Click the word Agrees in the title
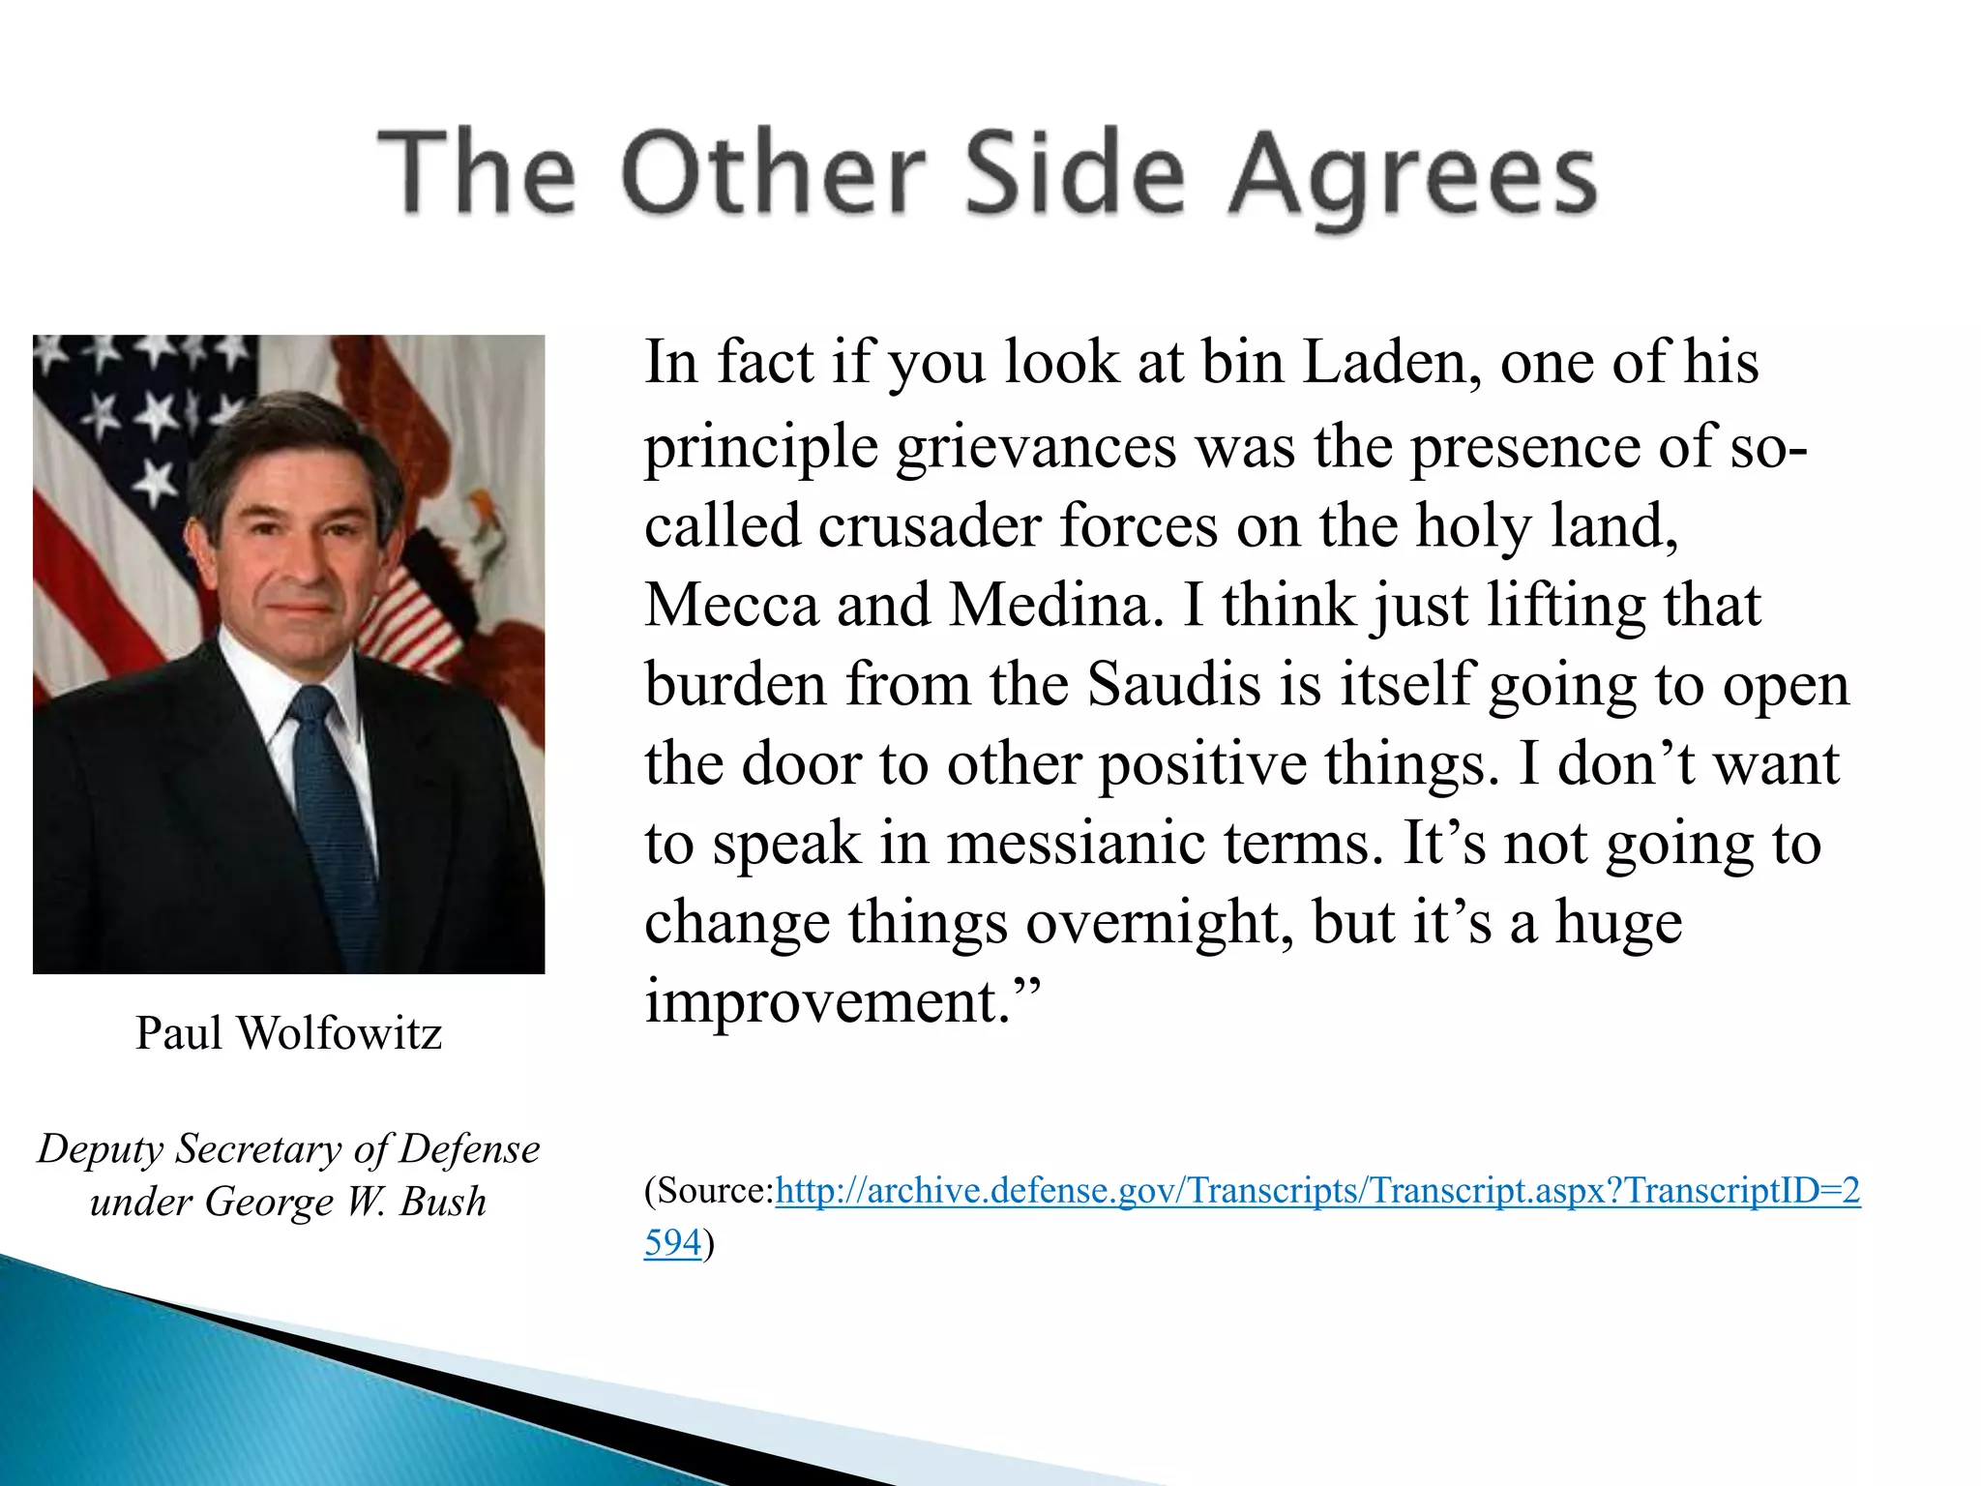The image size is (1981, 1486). pyautogui.click(x=1412, y=176)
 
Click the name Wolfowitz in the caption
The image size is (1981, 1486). pyautogui.click(x=340, y=1033)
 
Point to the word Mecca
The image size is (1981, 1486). pyautogui.click(x=731, y=607)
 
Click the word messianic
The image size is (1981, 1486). pyautogui.click(x=1075, y=844)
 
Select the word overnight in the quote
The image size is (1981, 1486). pyautogui.click(x=1160, y=923)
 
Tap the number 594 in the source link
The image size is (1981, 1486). pyautogui.click(x=672, y=1243)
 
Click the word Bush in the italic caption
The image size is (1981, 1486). pyautogui.click(x=443, y=1203)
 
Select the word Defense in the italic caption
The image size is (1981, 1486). pyautogui.click(x=470, y=1149)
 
